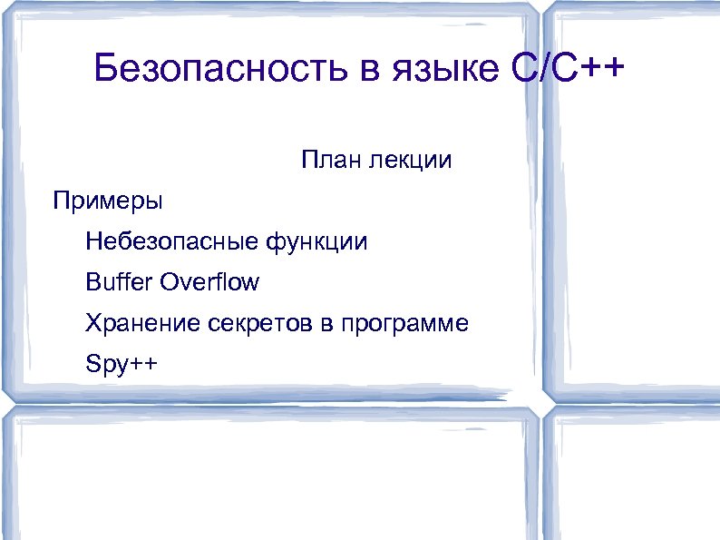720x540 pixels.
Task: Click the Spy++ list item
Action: [121, 365]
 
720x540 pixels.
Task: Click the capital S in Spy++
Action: [92, 364]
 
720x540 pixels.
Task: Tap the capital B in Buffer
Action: [92, 282]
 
